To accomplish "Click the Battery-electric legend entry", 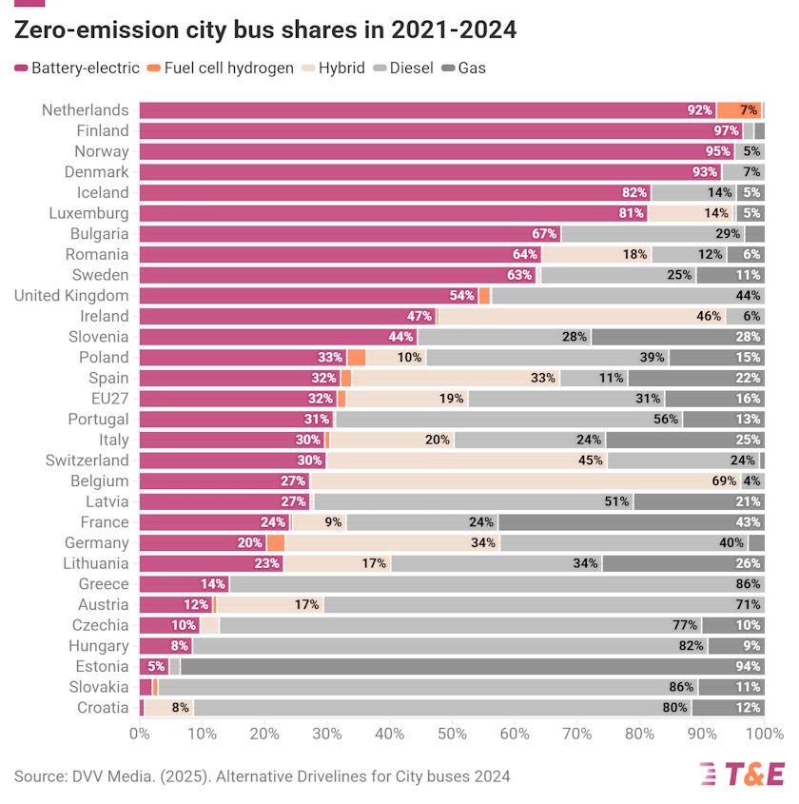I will click(77, 69).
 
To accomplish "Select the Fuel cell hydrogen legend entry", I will click(221, 69).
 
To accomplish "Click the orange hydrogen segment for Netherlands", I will click(739, 110).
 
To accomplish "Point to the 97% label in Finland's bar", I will click(727, 130).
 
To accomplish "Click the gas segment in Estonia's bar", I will click(472, 666).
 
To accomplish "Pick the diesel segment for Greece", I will click(495, 584).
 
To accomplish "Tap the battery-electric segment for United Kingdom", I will click(309, 296).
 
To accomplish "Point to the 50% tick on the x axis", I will click(452, 735).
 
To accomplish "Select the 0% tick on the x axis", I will click(140, 735).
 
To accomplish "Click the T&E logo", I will click(742, 775).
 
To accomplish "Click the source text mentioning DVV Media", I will click(262, 776).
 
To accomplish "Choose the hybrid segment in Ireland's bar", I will click(581, 316).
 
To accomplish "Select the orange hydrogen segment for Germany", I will click(276, 542).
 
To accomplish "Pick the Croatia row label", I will click(103, 708).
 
